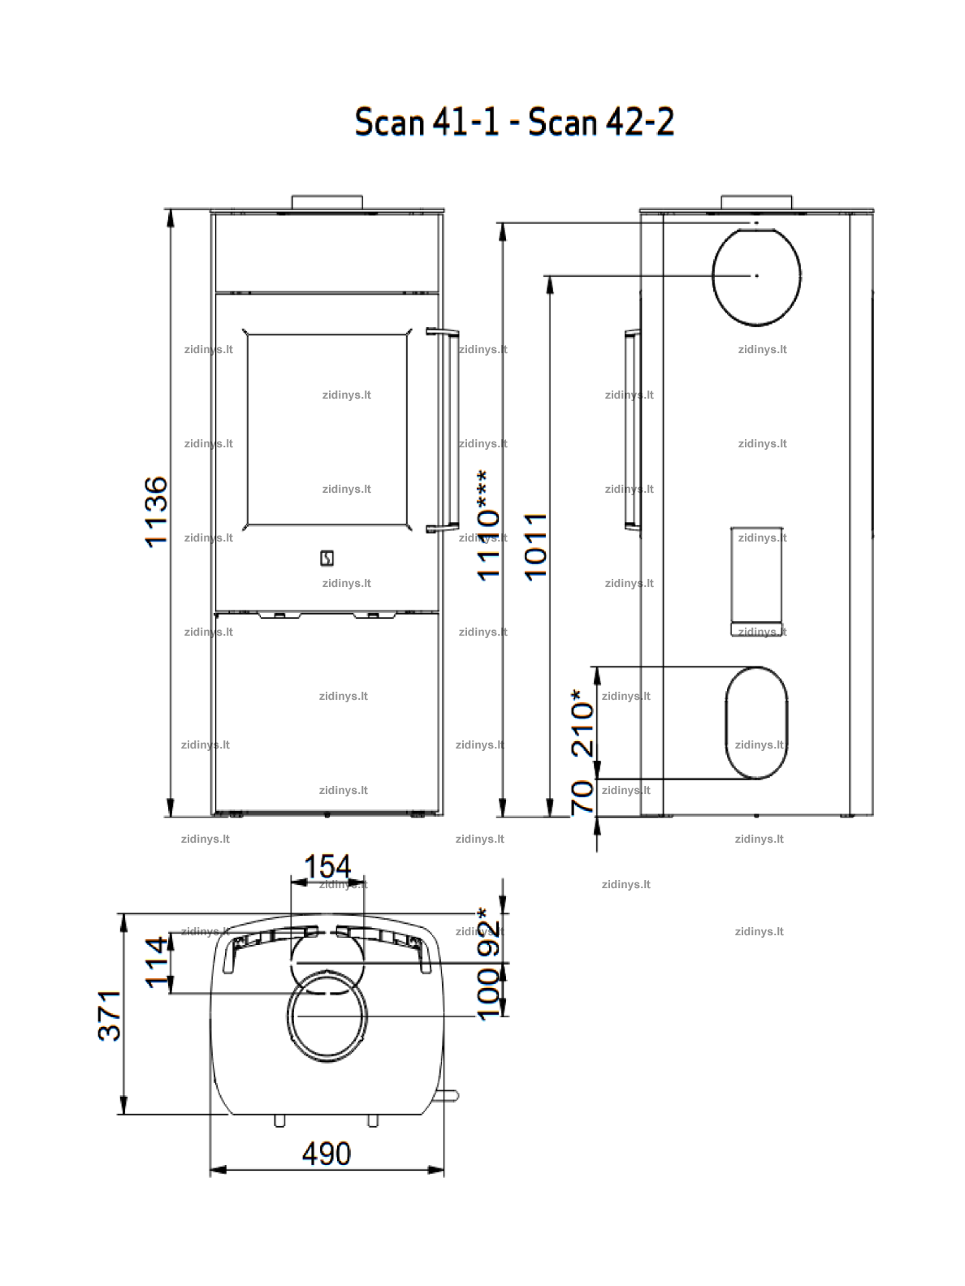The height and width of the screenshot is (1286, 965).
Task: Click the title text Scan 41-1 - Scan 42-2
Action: (514, 122)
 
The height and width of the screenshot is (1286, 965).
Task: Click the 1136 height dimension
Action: (157, 512)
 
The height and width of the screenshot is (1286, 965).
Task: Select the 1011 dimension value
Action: (535, 546)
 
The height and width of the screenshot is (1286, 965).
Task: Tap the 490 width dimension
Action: (327, 1154)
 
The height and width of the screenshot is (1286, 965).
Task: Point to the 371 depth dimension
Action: (110, 1016)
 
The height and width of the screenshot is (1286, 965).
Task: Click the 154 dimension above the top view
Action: (327, 866)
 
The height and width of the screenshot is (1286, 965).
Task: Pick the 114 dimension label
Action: (157, 963)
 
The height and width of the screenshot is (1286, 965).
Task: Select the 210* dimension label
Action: (582, 723)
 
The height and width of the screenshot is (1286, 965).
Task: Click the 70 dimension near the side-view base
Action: (582, 797)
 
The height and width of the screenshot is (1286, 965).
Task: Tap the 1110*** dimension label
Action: (488, 525)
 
